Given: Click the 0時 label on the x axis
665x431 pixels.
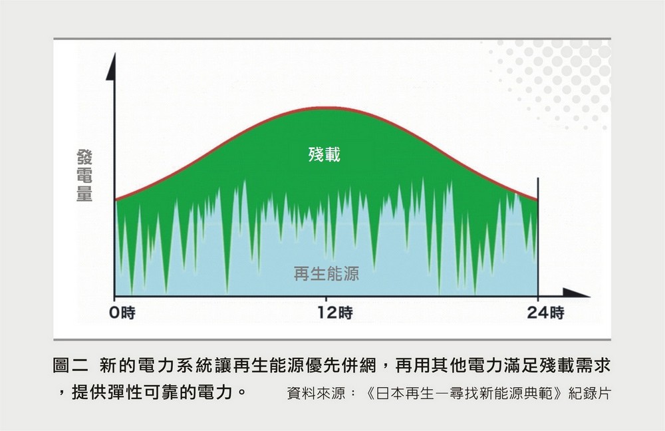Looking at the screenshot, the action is [x=122, y=313].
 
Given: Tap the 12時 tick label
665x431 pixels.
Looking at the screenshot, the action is [x=335, y=313].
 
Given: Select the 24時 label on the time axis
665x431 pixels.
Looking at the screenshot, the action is [x=545, y=313].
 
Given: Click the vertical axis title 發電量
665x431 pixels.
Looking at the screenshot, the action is [x=84, y=175].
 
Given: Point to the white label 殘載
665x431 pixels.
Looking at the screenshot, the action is [x=324, y=154].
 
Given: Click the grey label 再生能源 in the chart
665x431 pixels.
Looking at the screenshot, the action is [x=326, y=273].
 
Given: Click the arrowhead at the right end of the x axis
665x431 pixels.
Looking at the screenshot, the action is [x=576, y=293].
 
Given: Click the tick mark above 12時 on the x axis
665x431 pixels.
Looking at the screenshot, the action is [x=326, y=299].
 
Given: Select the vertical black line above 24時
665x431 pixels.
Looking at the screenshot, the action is [x=538, y=237].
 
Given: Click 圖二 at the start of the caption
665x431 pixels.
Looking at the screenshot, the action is [x=70, y=365].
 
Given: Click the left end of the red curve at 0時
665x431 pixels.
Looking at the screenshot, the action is [x=116, y=200].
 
